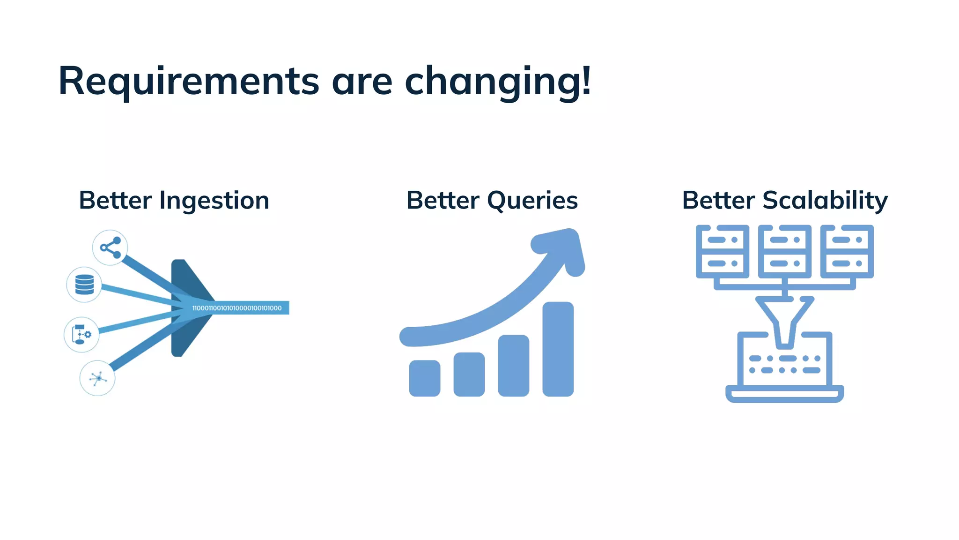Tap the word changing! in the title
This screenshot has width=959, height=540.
[x=497, y=82]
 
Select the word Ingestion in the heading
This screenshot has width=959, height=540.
[x=214, y=201]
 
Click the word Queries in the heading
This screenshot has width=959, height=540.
[x=532, y=201]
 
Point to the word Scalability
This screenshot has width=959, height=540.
[x=825, y=201]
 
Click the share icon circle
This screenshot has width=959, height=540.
[x=110, y=247]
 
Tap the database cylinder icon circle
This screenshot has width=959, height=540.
[x=84, y=285]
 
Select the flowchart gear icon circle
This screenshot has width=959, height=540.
[x=81, y=335]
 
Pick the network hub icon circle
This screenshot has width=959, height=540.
[x=97, y=378]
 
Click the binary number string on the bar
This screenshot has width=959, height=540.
[x=237, y=308]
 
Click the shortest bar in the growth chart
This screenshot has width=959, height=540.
[x=424, y=378]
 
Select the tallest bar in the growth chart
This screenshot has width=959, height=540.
[x=558, y=349]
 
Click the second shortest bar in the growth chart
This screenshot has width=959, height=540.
[x=469, y=375]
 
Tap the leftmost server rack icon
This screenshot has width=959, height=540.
[x=722, y=252]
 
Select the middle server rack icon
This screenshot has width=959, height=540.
[x=784, y=252]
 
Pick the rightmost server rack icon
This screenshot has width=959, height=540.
[x=847, y=252]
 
